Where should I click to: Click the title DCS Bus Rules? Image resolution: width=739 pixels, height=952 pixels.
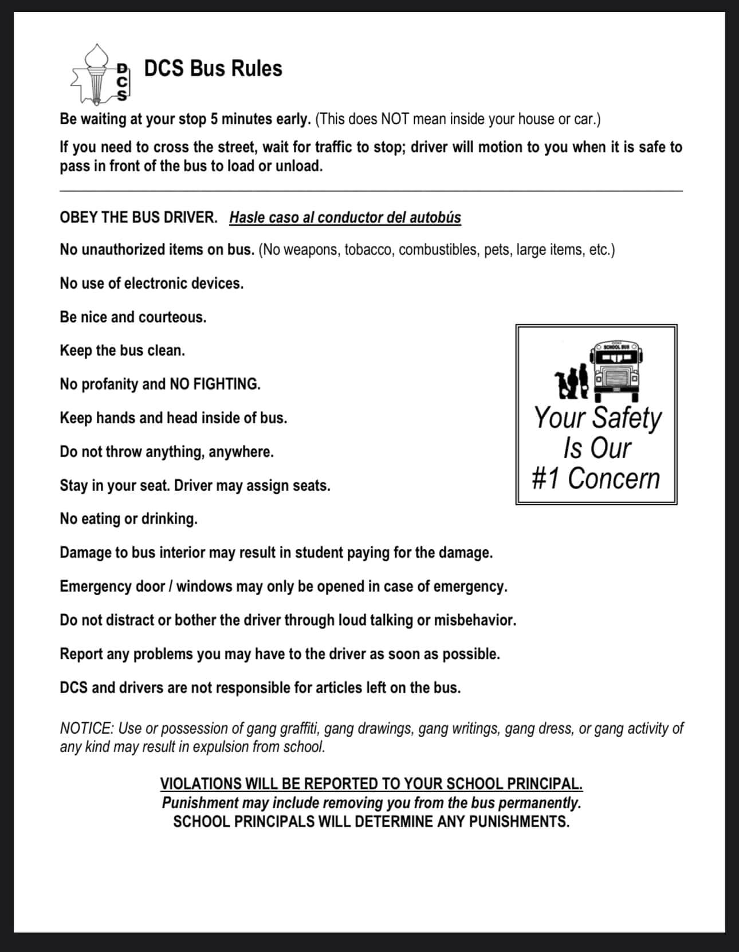[213, 69]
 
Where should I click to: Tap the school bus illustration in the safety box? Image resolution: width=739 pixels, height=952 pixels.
[618, 371]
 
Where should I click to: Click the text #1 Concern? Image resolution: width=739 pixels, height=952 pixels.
[596, 478]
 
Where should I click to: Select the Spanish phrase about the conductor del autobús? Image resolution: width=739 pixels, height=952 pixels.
[345, 218]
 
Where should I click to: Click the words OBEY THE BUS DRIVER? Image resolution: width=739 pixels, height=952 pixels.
[139, 218]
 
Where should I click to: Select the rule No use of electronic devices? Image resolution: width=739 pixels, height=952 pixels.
[152, 284]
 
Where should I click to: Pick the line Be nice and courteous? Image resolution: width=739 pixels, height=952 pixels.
[133, 317]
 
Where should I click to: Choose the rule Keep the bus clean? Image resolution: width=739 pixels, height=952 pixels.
[123, 351]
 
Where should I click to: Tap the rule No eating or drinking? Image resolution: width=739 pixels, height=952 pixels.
[129, 519]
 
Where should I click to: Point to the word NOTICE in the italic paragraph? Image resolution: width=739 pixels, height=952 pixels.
[87, 729]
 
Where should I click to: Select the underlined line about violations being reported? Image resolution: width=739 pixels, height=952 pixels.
[371, 784]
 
